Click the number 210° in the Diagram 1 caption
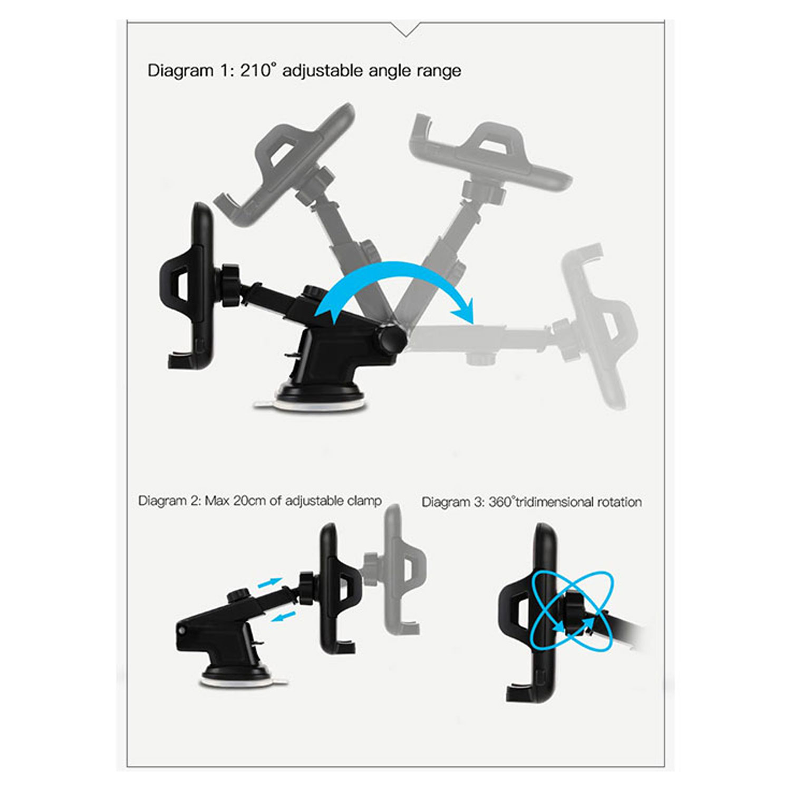(258, 70)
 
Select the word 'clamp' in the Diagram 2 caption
(364, 501)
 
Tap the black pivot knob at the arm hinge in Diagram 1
(390, 339)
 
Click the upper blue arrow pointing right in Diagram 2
(269, 583)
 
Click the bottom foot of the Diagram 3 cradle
(519, 692)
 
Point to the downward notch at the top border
(406, 30)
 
